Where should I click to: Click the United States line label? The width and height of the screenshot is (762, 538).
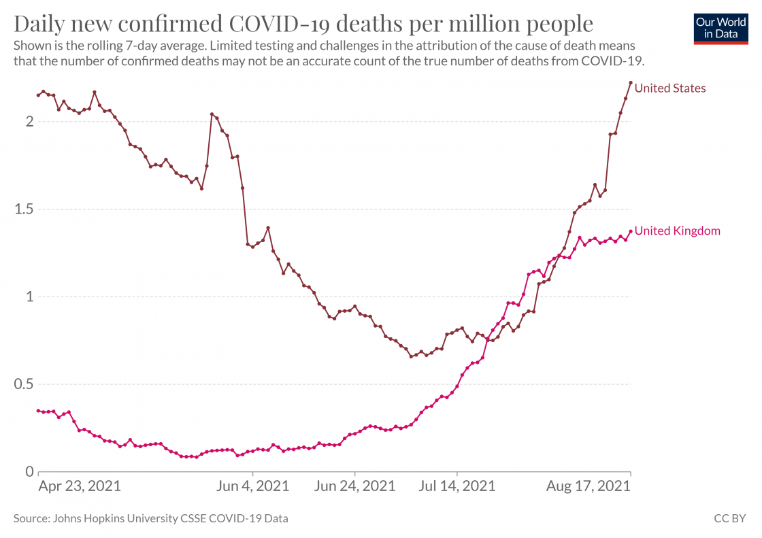tap(669, 88)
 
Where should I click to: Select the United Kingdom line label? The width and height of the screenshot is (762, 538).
tap(677, 231)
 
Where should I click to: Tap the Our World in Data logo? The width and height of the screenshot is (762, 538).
tap(720, 28)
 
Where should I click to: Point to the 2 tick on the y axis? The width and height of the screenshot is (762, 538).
tap(29, 122)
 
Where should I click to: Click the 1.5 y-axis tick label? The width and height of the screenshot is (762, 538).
tap(23, 209)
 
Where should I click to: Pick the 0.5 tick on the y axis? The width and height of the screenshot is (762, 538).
tap(23, 384)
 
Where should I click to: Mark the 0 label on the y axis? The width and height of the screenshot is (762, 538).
tap(29, 471)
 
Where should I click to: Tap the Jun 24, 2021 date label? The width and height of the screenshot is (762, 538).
tap(355, 487)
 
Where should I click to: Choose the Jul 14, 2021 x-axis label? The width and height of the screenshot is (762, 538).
tap(457, 487)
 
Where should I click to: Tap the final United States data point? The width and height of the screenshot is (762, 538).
tap(631, 83)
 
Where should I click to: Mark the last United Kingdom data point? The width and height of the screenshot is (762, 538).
tap(631, 231)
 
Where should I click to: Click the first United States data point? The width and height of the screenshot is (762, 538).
tap(38, 95)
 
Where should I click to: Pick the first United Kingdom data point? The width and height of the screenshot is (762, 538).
tap(38, 411)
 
